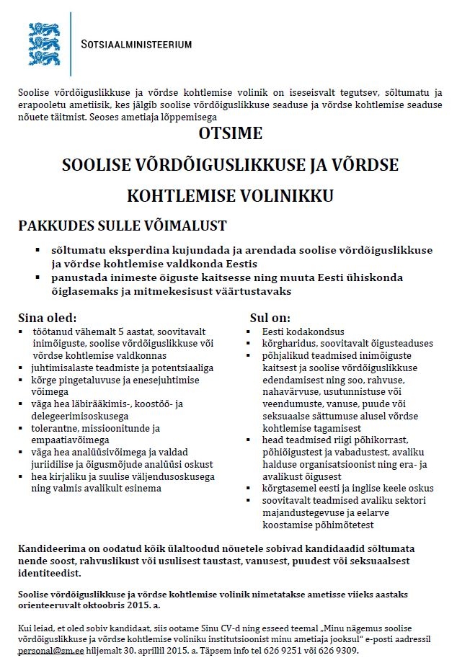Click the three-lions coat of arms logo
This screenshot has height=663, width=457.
click(x=44, y=44)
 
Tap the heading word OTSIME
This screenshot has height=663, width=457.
click(x=230, y=134)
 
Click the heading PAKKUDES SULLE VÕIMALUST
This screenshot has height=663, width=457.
click(x=123, y=226)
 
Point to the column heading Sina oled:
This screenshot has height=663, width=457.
click(x=47, y=317)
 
